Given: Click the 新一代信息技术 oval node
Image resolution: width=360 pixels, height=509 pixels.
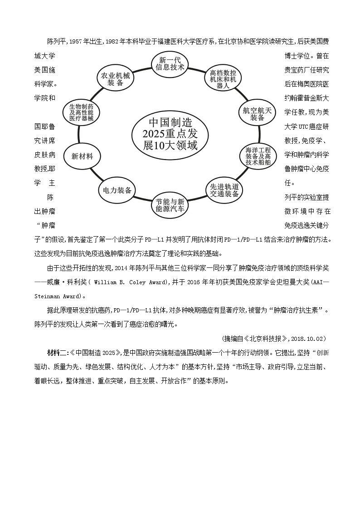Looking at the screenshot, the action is pos(170,64).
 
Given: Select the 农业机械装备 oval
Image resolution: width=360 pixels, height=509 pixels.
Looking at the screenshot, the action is pos(116,79).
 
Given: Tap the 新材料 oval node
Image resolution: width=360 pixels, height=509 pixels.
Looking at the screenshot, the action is pos(82,156).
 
